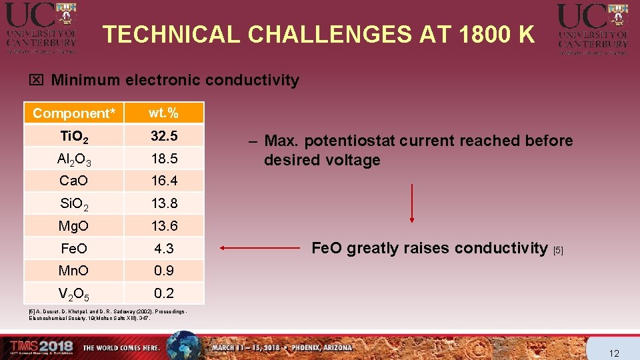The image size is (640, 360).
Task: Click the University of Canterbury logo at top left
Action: [x=41, y=27]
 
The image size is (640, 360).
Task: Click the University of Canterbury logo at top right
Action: [x=593, y=27]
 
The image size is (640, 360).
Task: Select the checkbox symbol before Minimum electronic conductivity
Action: [x=36, y=81]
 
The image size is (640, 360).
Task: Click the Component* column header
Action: [x=73, y=113]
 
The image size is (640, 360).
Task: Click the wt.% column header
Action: [x=164, y=113]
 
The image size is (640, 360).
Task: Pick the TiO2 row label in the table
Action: [x=74, y=136]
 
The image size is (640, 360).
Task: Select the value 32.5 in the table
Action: [x=164, y=136]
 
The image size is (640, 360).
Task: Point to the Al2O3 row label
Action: [x=74, y=159]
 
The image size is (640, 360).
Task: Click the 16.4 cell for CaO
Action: [x=164, y=181]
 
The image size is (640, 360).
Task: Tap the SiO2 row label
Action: [x=74, y=203]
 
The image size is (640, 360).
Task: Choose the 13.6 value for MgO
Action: [x=164, y=226]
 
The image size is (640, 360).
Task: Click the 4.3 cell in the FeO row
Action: [x=164, y=249]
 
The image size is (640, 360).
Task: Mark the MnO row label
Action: [x=74, y=271]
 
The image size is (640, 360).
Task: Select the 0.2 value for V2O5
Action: [x=164, y=293]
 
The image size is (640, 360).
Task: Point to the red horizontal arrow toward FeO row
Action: [x=260, y=249]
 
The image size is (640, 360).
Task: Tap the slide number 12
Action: [x=615, y=352]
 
